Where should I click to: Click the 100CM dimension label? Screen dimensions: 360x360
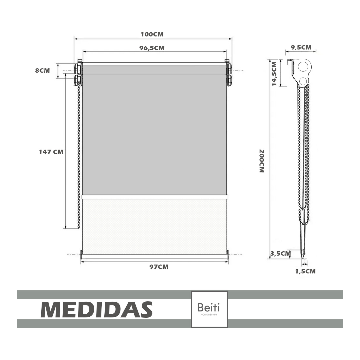click(152, 34)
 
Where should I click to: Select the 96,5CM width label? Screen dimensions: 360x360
click(152, 48)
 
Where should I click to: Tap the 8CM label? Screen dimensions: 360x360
click(42, 70)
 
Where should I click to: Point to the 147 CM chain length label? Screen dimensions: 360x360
click(51, 152)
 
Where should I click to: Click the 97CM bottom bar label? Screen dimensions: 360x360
click(159, 267)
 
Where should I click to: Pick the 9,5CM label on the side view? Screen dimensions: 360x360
click(301, 48)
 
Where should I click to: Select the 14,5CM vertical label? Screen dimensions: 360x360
click(274, 73)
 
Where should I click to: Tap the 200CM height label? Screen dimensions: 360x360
click(262, 161)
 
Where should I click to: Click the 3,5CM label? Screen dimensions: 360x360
click(280, 254)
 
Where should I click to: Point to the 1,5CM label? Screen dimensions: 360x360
click(305, 271)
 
